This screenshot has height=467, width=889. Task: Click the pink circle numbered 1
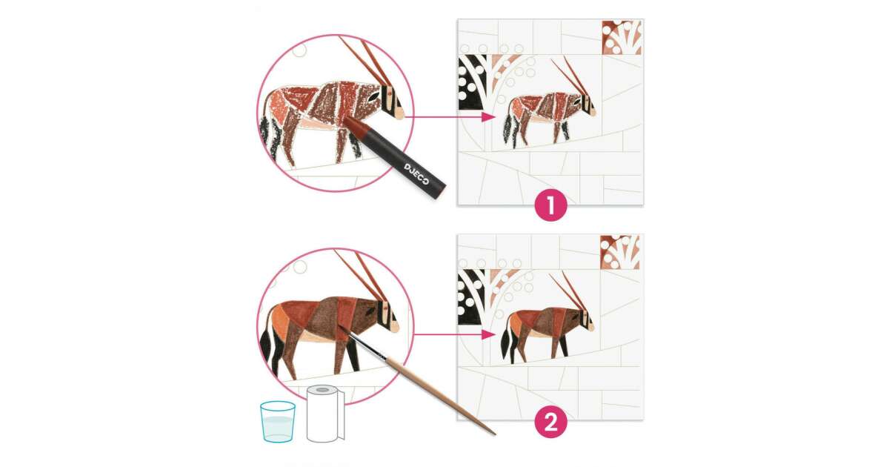click(x=550, y=205)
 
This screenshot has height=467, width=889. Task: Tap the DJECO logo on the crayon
click(x=416, y=174)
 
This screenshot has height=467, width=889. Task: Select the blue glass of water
click(x=277, y=421)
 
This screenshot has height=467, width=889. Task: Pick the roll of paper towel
click(x=325, y=414)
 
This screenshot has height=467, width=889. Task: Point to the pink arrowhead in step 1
click(x=488, y=117)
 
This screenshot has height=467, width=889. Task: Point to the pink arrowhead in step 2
click(x=488, y=334)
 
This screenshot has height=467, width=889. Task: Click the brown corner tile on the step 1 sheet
click(x=622, y=37)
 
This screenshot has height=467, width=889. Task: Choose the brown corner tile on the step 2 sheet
click(x=620, y=252)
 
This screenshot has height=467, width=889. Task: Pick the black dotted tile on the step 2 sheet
click(x=471, y=297)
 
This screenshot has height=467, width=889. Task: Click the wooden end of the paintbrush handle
click(x=493, y=433)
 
